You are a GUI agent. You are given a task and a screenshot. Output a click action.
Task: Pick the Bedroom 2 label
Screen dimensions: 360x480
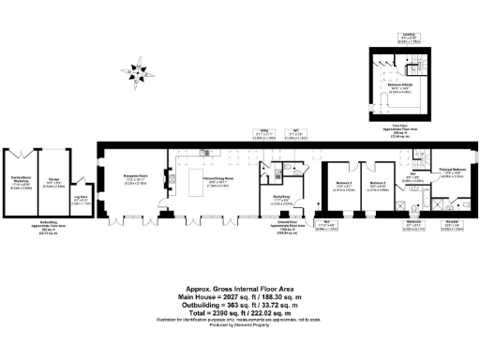(x=377, y=186)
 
